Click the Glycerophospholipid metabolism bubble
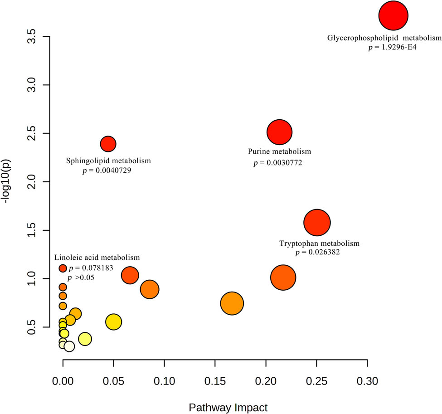click(393, 16)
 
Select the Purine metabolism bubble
click(279, 132)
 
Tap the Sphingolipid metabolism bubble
click(108, 144)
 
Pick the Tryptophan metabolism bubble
click(317, 222)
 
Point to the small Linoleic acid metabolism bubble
click(63, 268)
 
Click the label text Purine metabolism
click(279, 151)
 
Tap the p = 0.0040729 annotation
click(107, 170)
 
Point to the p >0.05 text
click(81, 278)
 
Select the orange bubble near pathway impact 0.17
click(232, 303)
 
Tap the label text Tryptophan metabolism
click(319, 244)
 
